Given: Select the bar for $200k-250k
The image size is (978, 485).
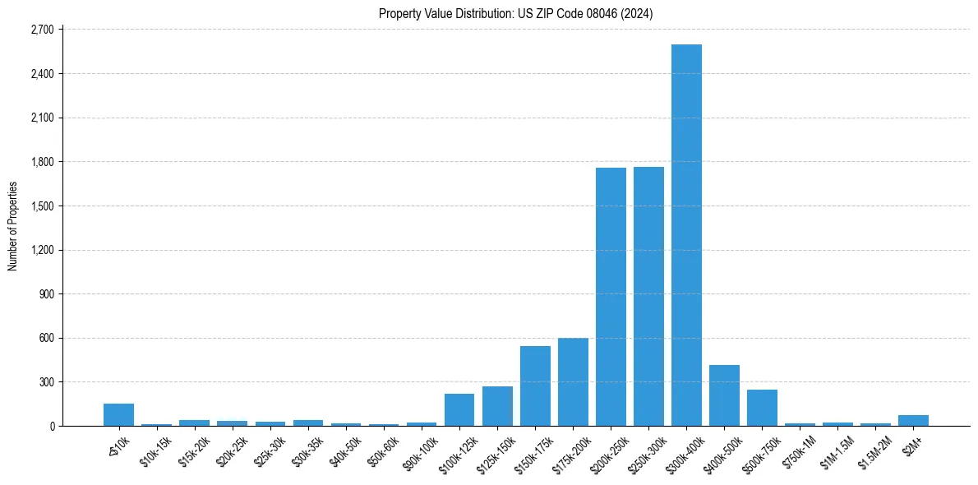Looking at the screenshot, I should pos(611,297).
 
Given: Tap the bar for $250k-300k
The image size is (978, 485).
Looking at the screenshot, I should pos(648,296).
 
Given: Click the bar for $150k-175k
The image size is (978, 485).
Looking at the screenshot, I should pos(535,386).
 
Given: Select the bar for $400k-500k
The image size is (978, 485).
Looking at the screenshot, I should pos(724,395).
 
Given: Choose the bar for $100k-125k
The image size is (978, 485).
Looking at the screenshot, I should pos(459,410).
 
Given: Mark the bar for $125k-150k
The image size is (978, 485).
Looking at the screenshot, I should pos(497,406).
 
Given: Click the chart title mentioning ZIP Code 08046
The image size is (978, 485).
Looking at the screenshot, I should pos(516,13).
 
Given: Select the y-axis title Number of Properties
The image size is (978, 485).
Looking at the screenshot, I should pos(13,226).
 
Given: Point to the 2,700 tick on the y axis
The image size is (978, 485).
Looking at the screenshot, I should pos(41,30).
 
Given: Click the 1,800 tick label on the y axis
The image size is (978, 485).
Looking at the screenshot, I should pos(41,162).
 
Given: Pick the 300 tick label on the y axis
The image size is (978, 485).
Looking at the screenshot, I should pos(45,382).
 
